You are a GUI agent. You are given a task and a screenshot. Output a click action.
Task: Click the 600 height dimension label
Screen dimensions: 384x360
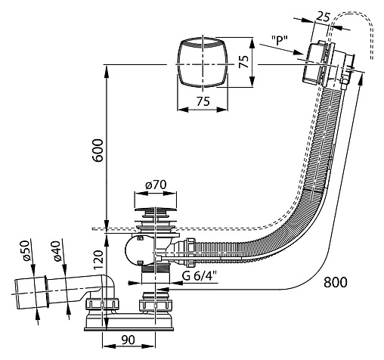pos(98,151)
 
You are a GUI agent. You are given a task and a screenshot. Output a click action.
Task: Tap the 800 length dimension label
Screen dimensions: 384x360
pos(335,282)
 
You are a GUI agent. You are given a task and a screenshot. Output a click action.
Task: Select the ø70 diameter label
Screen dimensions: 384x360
pos(156,185)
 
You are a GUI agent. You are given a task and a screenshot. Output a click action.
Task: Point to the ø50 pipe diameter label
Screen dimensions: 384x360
pos(26,250)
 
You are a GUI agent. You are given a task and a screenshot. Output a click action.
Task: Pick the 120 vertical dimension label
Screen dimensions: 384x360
pos(99,260)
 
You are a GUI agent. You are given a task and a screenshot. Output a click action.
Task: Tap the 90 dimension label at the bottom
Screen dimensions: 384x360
pos(129,340)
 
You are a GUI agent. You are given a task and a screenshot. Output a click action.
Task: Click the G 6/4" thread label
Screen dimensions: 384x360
pos(200,276)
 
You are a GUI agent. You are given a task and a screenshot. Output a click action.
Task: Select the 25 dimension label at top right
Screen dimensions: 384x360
pos(323,17)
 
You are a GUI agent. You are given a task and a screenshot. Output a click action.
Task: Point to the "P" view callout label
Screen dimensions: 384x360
pos(280,40)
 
